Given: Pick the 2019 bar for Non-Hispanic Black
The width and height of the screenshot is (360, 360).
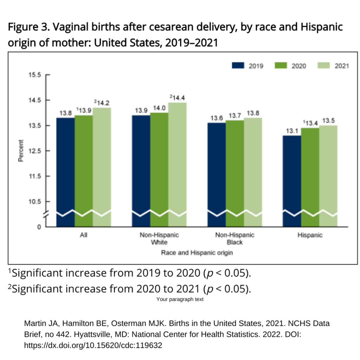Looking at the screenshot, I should click(217, 169).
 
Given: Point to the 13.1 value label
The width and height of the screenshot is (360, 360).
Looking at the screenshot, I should click(292, 131).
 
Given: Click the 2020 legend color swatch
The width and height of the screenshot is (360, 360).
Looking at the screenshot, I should click(280, 66).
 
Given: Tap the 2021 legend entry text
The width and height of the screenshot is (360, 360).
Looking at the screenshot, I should click(341, 66).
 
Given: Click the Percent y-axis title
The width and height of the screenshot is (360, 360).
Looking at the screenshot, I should click(21, 151).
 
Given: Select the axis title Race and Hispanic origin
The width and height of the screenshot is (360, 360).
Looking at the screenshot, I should click(197, 253).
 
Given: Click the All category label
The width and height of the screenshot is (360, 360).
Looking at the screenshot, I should click(84, 235).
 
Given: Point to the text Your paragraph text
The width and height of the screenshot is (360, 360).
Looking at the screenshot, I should click(180, 300).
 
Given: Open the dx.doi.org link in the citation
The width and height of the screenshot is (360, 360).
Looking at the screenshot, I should click(93, 345).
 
